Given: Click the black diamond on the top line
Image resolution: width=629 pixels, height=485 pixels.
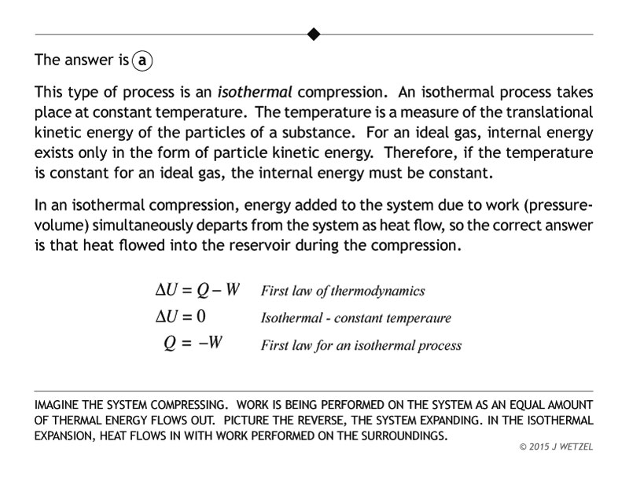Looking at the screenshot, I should tap(314, 34).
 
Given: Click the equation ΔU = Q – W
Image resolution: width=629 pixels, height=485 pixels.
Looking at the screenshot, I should tap(197, 290).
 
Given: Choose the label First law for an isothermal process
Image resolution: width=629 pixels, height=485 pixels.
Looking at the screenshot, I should tap(360, 345).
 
